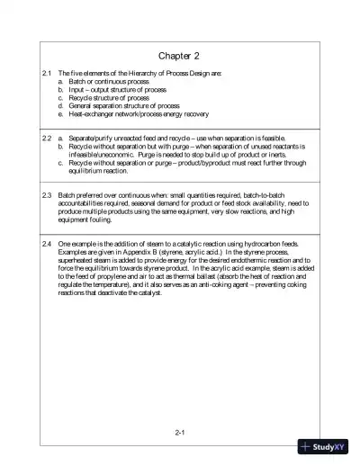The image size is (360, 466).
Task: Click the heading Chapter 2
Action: tap(180, 56)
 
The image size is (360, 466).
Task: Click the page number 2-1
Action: tap(180, 433)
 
